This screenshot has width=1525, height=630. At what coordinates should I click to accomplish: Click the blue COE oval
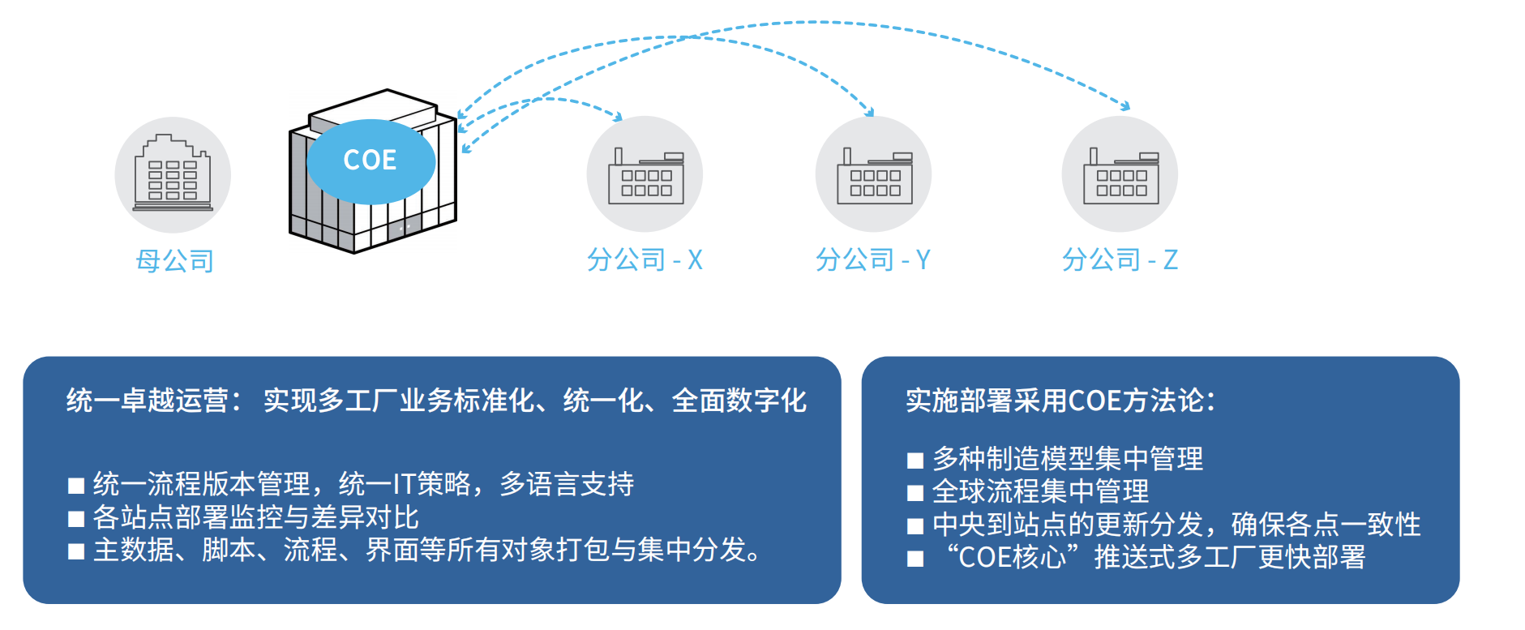(371, 161)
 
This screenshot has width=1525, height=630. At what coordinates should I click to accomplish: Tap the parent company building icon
(173, 175)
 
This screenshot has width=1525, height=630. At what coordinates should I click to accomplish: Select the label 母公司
(175, 261)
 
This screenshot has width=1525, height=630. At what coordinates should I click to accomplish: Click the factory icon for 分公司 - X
(645, 174)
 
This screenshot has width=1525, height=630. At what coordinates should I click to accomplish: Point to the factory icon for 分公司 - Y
(874, 174)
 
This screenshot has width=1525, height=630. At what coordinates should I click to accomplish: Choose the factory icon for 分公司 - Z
(1120, 174)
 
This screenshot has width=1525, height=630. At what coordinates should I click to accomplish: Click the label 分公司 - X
(645, 259)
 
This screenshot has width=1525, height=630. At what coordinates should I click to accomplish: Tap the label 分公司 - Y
(873, 259)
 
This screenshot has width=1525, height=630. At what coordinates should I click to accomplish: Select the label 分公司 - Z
(1120, 259)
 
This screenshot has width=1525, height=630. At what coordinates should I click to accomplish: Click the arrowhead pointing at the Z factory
(1125, 106)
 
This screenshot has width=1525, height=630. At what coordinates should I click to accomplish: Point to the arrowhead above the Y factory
(870, 112)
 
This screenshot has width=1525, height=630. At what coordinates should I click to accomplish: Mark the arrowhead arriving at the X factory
(618, 117)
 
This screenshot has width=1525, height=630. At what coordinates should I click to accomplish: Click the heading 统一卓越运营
(147, 401)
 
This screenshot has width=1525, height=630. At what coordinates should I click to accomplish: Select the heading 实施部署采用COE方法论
(1060, 401)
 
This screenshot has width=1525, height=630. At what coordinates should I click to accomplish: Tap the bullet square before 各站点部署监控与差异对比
(76, 519)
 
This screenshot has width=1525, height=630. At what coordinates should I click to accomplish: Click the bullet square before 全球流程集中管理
(915, 493)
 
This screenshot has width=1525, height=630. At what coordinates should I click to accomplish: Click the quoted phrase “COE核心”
(1013, 558)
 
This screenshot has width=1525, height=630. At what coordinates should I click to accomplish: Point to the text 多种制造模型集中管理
(1067, 459)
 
